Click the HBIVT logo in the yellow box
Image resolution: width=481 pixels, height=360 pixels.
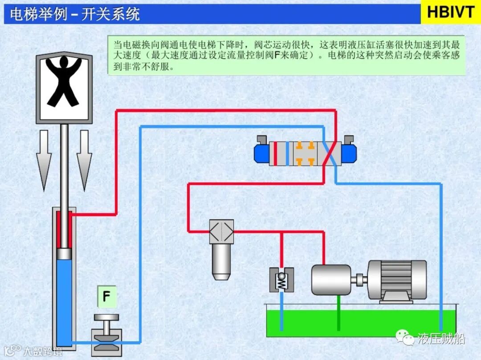450,12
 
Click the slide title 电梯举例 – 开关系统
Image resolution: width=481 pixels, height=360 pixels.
75,14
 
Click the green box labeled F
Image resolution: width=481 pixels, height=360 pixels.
106,296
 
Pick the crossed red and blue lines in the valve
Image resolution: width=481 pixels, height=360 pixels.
329,154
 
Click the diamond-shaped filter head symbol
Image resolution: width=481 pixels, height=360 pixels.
221,231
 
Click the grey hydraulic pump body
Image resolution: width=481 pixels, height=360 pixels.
332,279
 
